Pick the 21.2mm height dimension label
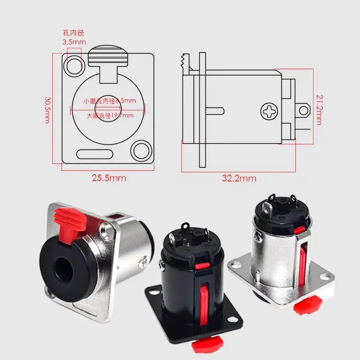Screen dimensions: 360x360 point(318,110)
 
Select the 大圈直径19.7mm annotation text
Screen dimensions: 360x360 point(110,116)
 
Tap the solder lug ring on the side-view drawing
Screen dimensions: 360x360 point(305,110)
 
